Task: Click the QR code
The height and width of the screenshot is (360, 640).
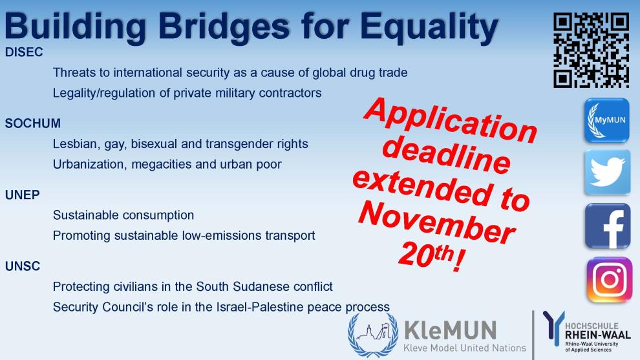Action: [591, 50]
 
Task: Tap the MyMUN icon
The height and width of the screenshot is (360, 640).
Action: [607, 120]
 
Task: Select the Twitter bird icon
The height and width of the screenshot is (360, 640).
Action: [607, 172]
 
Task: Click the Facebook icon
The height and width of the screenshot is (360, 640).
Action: [607, 226]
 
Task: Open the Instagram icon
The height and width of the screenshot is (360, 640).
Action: [609, 280]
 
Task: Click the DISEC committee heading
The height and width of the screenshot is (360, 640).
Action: [24, 52]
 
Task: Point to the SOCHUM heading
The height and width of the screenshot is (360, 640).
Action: [33, 123]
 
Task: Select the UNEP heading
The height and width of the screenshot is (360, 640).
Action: [23, 195]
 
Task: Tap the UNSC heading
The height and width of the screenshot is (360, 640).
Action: [23, 266]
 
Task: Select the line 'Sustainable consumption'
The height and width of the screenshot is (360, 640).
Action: [123, 215]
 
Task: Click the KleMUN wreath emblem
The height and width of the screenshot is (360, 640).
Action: [373, 335]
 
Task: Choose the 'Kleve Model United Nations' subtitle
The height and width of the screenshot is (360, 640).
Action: [465, 348]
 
